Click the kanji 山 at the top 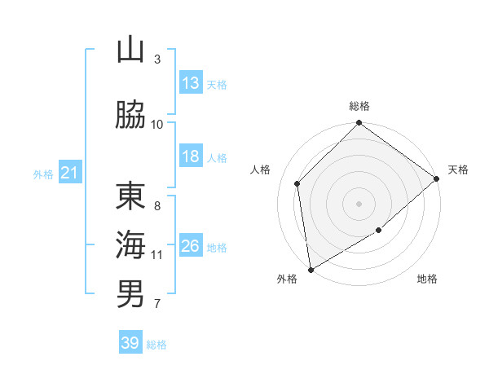[x=130, y=51]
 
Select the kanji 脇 [x=130, y=115]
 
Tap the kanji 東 [x=130, y=196]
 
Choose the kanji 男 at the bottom [x=130, y=293]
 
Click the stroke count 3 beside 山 [x=157, y=59]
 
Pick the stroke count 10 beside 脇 [x=157, y=124]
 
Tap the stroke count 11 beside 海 [x=157, y=254]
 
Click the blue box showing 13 [x=191, y=83]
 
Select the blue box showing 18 [x=191, y=156]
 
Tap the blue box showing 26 [x=191, y=245]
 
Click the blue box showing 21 [x=69, y=173]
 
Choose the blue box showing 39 [x=130, y=343]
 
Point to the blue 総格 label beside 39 [x=156, y=345]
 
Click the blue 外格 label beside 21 [x=43, y=174]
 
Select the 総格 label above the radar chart [x=359, y=106]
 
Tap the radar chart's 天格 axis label [x=458, y=169]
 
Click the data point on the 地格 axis [x=379, y=231]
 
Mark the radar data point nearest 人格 [x=297, y=183]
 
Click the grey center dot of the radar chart [x=359, y=203]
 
